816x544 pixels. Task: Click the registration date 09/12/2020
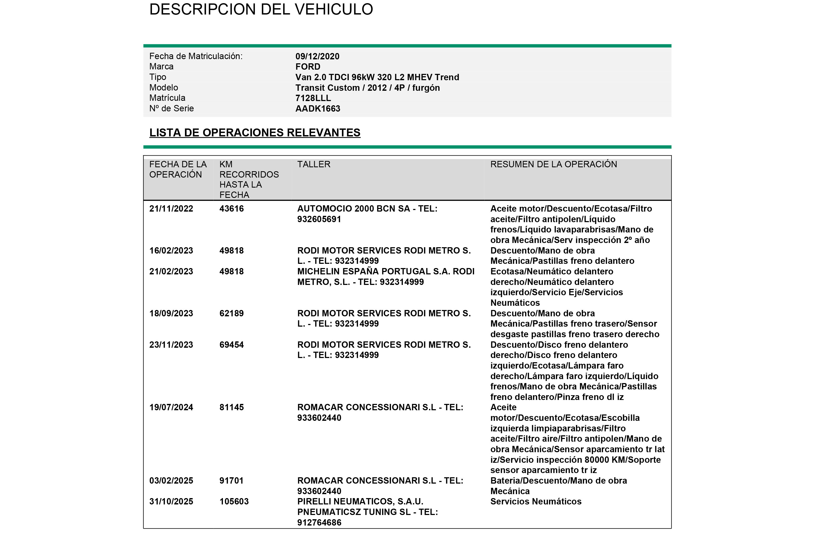pyautogui.click(x=317, y=56)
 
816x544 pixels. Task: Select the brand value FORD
pyautogui.click(x=308, y=66)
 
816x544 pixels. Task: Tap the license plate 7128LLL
pyautogui.click(x=313, y=98)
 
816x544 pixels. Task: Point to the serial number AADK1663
pyautogui.click(x=317, y=109)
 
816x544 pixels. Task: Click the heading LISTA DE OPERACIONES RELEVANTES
pyautogui.click(x=255, y=132)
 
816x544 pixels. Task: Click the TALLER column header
pyautogui.click(x=314, y=164)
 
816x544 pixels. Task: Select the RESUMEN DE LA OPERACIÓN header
pyautogui.click(x=553, y=164)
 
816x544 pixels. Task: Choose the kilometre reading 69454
pyautogui.click(x=231, y=345)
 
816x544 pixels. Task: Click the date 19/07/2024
pyautogui.click(x=171, y=407)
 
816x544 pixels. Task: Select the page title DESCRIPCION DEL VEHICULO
pyautogui.click(x=261, y=9)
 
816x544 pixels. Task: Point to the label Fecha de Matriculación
pyautogui.click(x=196, y=56)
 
